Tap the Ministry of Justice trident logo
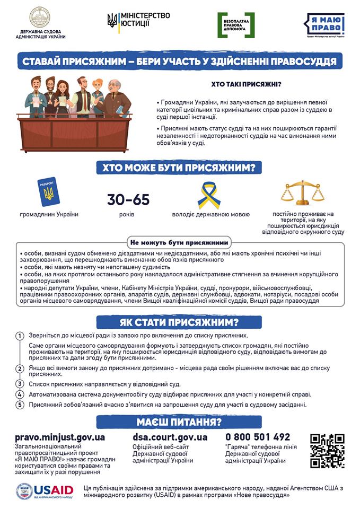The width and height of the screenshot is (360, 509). coord(113,21)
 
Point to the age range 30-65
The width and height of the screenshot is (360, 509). coord(128,200)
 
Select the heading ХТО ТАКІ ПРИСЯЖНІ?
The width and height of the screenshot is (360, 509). coord(246,84)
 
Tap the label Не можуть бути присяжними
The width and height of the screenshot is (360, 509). coord(179,240)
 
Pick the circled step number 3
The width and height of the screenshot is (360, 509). coord(20,384)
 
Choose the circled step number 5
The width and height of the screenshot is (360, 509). coord(20,405)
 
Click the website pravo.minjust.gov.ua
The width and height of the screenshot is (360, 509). coord(60,437)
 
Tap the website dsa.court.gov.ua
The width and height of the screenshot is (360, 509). coord(170,437)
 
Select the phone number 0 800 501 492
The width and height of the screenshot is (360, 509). coord(258,437)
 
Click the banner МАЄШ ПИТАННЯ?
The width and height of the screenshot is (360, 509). coord(180,422)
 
